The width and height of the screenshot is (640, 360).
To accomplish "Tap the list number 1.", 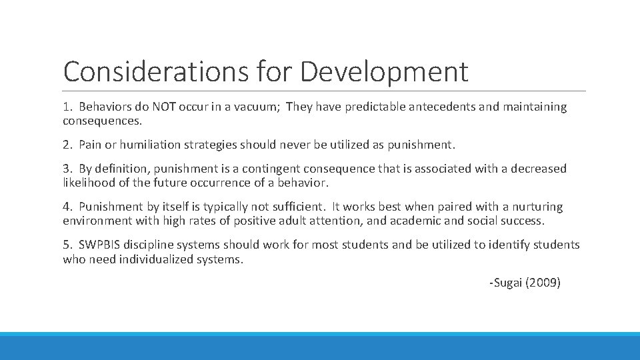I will coord(67,107).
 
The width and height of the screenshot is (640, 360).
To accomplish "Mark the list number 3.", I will coord(67,169).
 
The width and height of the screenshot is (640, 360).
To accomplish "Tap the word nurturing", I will coord(536,207).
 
